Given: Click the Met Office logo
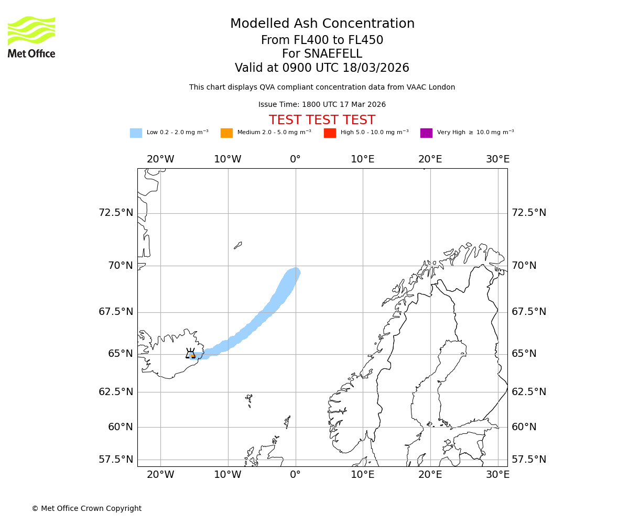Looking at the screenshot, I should click(x=31, y=37).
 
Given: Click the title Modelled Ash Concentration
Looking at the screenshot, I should click(x=322, y=24).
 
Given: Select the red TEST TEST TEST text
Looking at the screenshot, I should click(x=322, y=120).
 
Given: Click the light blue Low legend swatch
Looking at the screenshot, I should click(x=136, y=133).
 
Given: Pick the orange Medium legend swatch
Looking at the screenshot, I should click(x=226, y=133).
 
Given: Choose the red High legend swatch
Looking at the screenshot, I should click(x=330, y=133).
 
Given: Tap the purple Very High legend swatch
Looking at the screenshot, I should click(x=426, y=133).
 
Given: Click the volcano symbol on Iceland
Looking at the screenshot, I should click(x=191, y=354).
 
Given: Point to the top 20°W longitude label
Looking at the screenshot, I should click(x=160, y=159).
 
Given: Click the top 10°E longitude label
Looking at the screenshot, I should click(x=363, y=159).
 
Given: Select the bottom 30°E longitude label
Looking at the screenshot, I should click(x=497, y=475).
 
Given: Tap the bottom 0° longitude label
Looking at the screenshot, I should click(x=295, y=475).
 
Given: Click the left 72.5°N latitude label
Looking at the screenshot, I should click(x=116, y=213).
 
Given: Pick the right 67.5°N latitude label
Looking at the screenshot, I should click(x=529, y=312).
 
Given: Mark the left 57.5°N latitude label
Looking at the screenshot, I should click(x=116, y=460).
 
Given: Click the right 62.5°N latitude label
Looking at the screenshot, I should click(x=529, y=392).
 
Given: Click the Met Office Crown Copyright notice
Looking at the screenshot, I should click(x=86, y=508).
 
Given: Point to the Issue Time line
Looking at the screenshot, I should click(x=322, y=105).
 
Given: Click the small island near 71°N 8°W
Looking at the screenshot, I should click(x=238, y=245).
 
